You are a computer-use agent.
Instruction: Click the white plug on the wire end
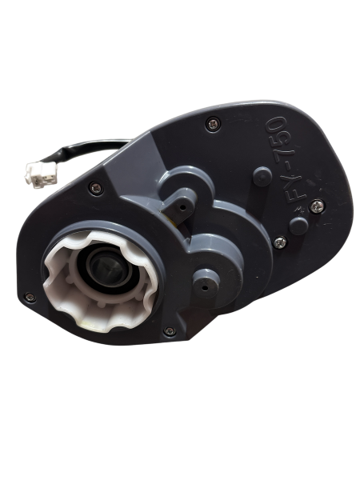point(41,174)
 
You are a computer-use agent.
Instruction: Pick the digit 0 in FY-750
point(276,124)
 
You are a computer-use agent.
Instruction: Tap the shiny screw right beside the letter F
point(317,206)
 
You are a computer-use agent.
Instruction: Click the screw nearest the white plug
point(95,187)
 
